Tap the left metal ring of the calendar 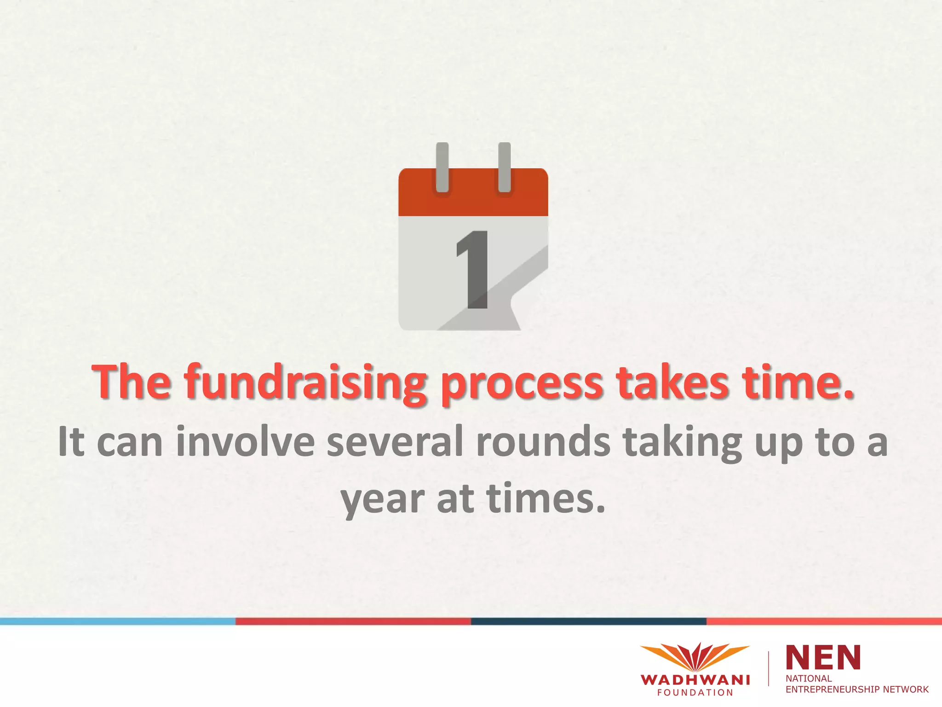442,167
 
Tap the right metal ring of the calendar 504,167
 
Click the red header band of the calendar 473,203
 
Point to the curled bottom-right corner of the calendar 529,295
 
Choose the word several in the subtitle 395,442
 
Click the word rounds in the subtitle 543,442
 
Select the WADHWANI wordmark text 695,680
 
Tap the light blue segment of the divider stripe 118,621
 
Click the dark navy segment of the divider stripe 589,621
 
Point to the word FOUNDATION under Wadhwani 695,693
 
